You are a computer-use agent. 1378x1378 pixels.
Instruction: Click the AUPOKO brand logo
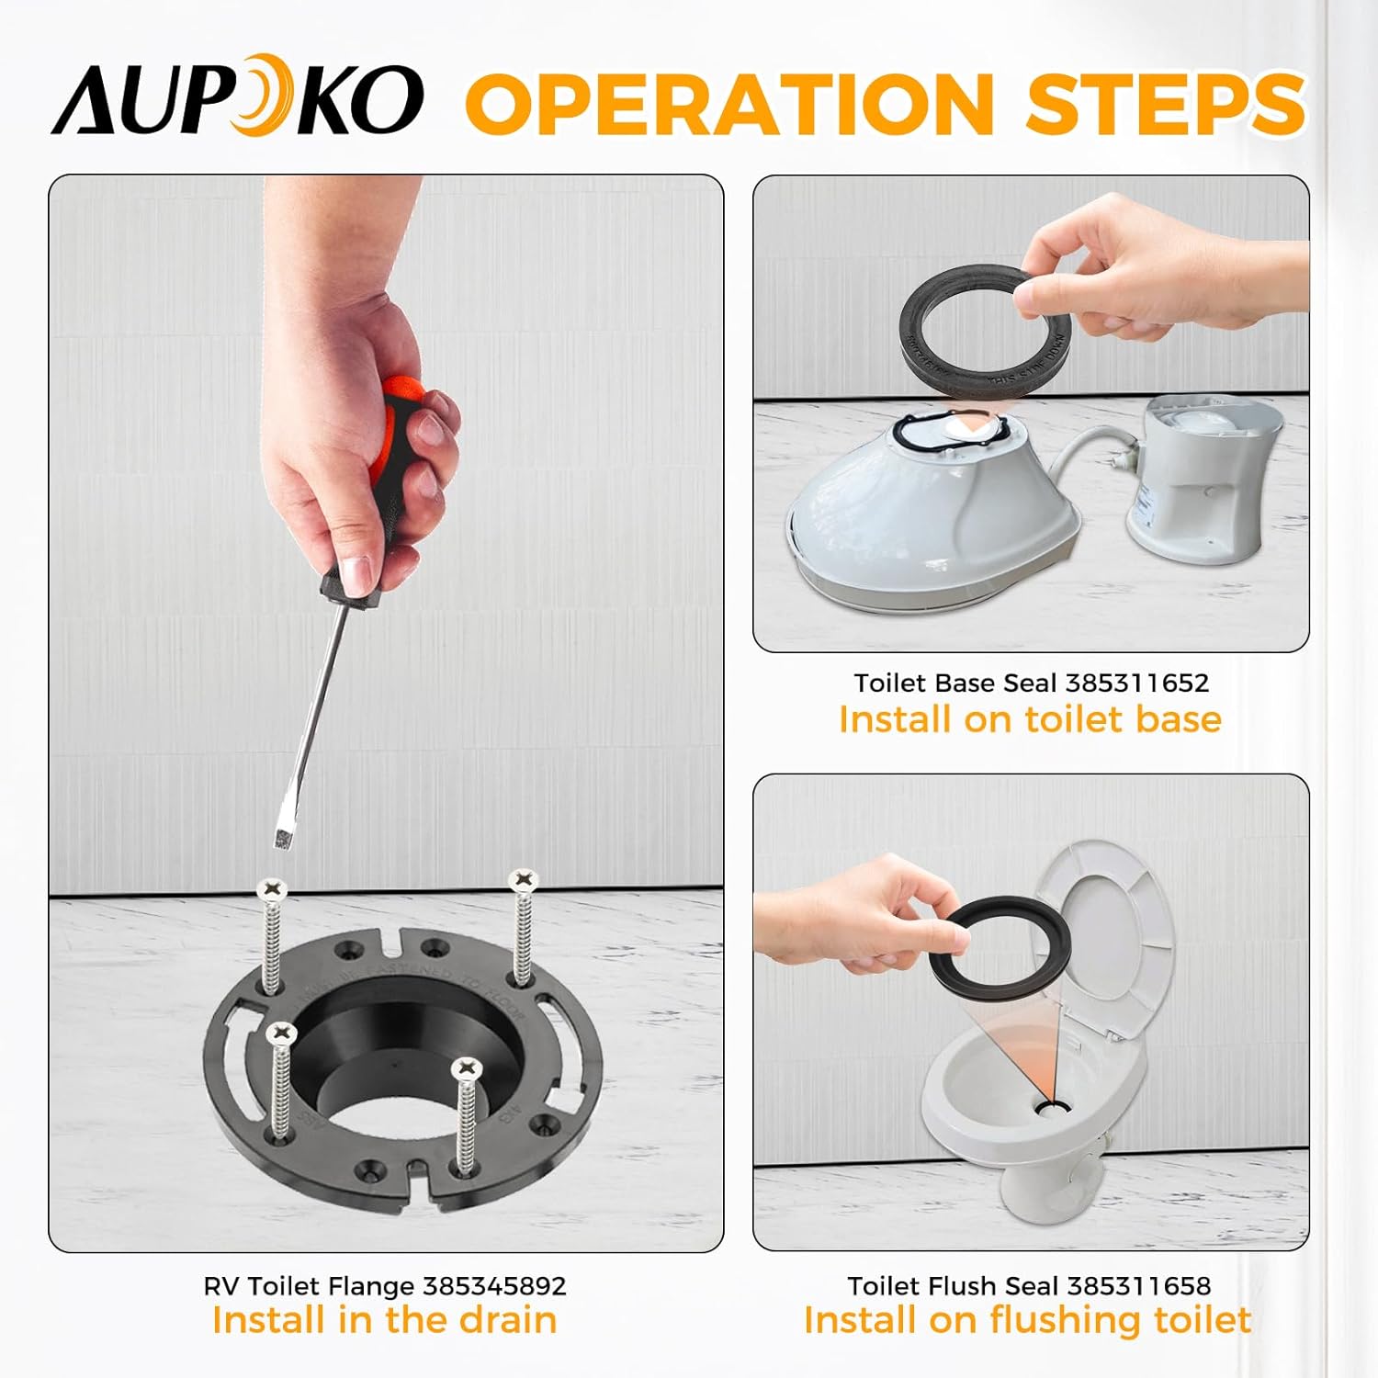point(237,99)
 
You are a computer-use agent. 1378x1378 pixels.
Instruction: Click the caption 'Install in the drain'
point(384,1320)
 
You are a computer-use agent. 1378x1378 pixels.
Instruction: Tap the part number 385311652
point(1136,683)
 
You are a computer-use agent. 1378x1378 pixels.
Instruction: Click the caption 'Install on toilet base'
point(1030,719)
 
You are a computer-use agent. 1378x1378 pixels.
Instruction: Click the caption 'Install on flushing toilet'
point(1027,1320)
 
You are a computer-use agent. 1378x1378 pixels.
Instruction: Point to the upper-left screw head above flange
point(273,887)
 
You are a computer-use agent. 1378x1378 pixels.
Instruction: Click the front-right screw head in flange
point(468,1069)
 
